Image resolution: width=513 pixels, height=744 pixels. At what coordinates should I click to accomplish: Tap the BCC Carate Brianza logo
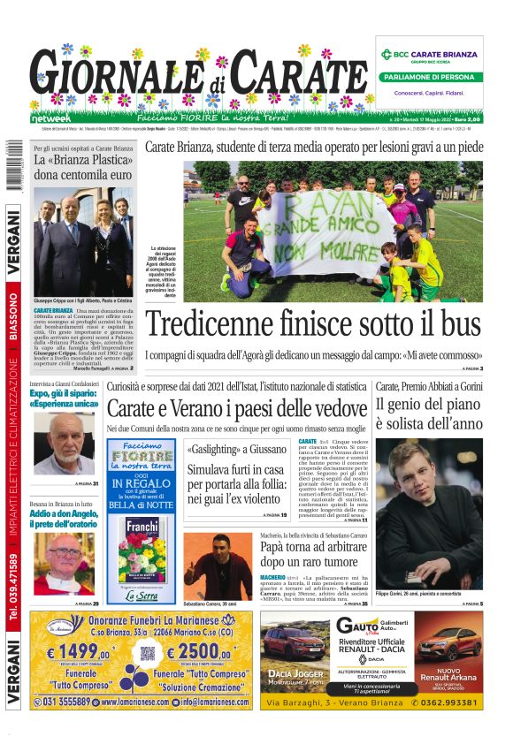click(x=429, y=54)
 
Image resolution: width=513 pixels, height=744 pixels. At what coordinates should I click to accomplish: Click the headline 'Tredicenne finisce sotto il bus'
click(x=313, y=325)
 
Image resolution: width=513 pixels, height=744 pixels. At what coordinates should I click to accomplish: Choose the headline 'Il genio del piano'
click(x=427, y=406)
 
